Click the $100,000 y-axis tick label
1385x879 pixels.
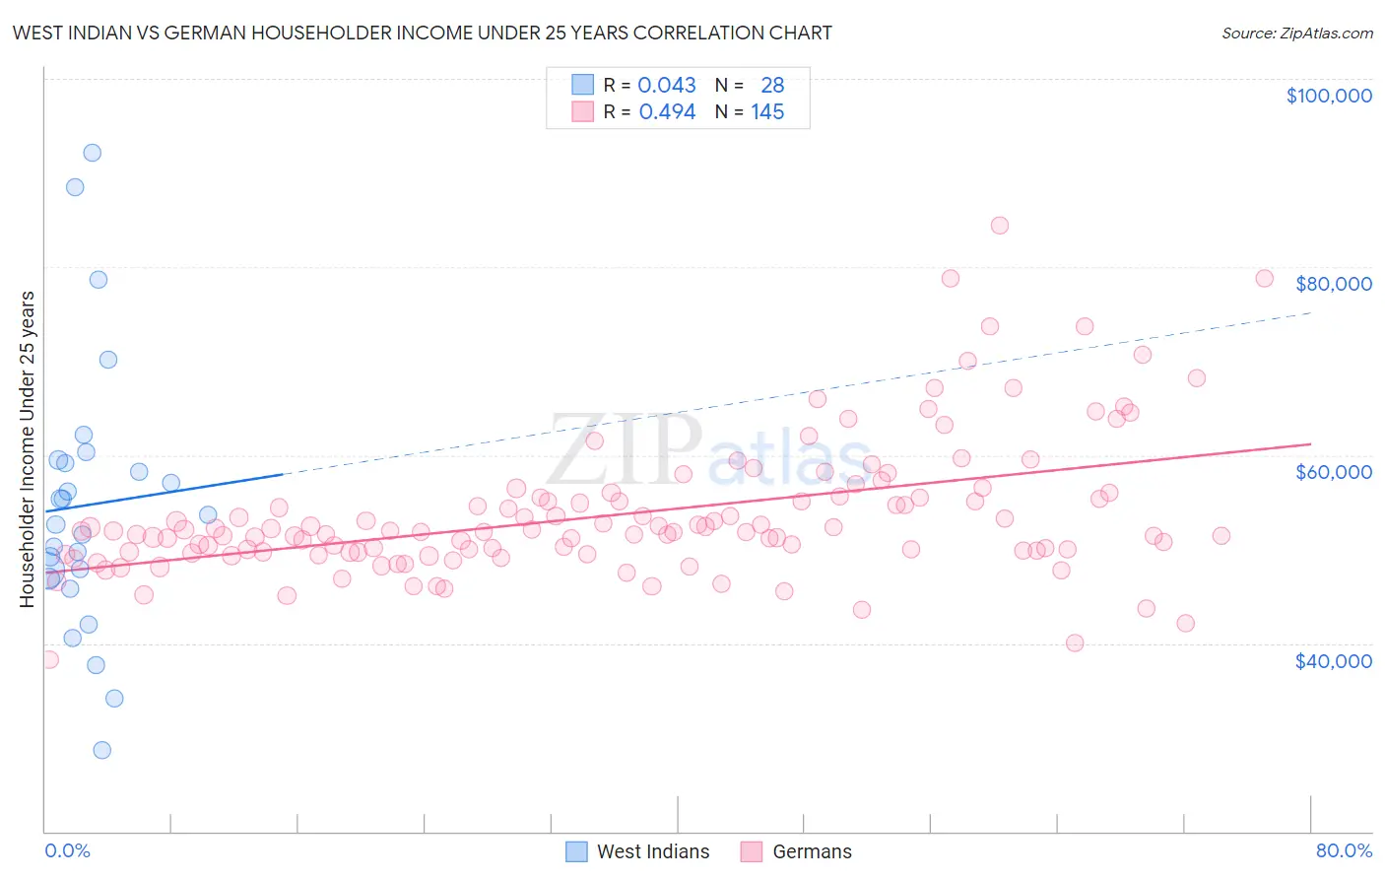tap(1329, 96)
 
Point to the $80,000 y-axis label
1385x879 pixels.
tap(1333, 284)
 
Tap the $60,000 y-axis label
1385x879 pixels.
tap(1333, 472)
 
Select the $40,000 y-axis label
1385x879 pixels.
tap(1333, 660)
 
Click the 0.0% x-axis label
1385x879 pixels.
tap(67, 850)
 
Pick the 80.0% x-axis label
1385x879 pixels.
tap(1344, 850)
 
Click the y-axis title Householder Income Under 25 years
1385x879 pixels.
tap(27, 448)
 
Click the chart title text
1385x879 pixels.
tap(422, 33)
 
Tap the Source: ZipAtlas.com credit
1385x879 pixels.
tap(1296, 34)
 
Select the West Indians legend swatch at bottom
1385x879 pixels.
tap(576, 851)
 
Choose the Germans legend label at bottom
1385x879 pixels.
tap(812, 851)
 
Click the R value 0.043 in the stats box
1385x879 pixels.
tap(667, 86)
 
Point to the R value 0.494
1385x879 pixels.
tap(667, 112)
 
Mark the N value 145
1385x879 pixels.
tap(767, 112)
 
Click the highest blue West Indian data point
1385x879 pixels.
tap(92, 153)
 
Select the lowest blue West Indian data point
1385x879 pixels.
tap(101, 750)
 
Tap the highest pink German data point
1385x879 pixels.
tap(999, 226)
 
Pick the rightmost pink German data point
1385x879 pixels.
tap(1264, 279)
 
